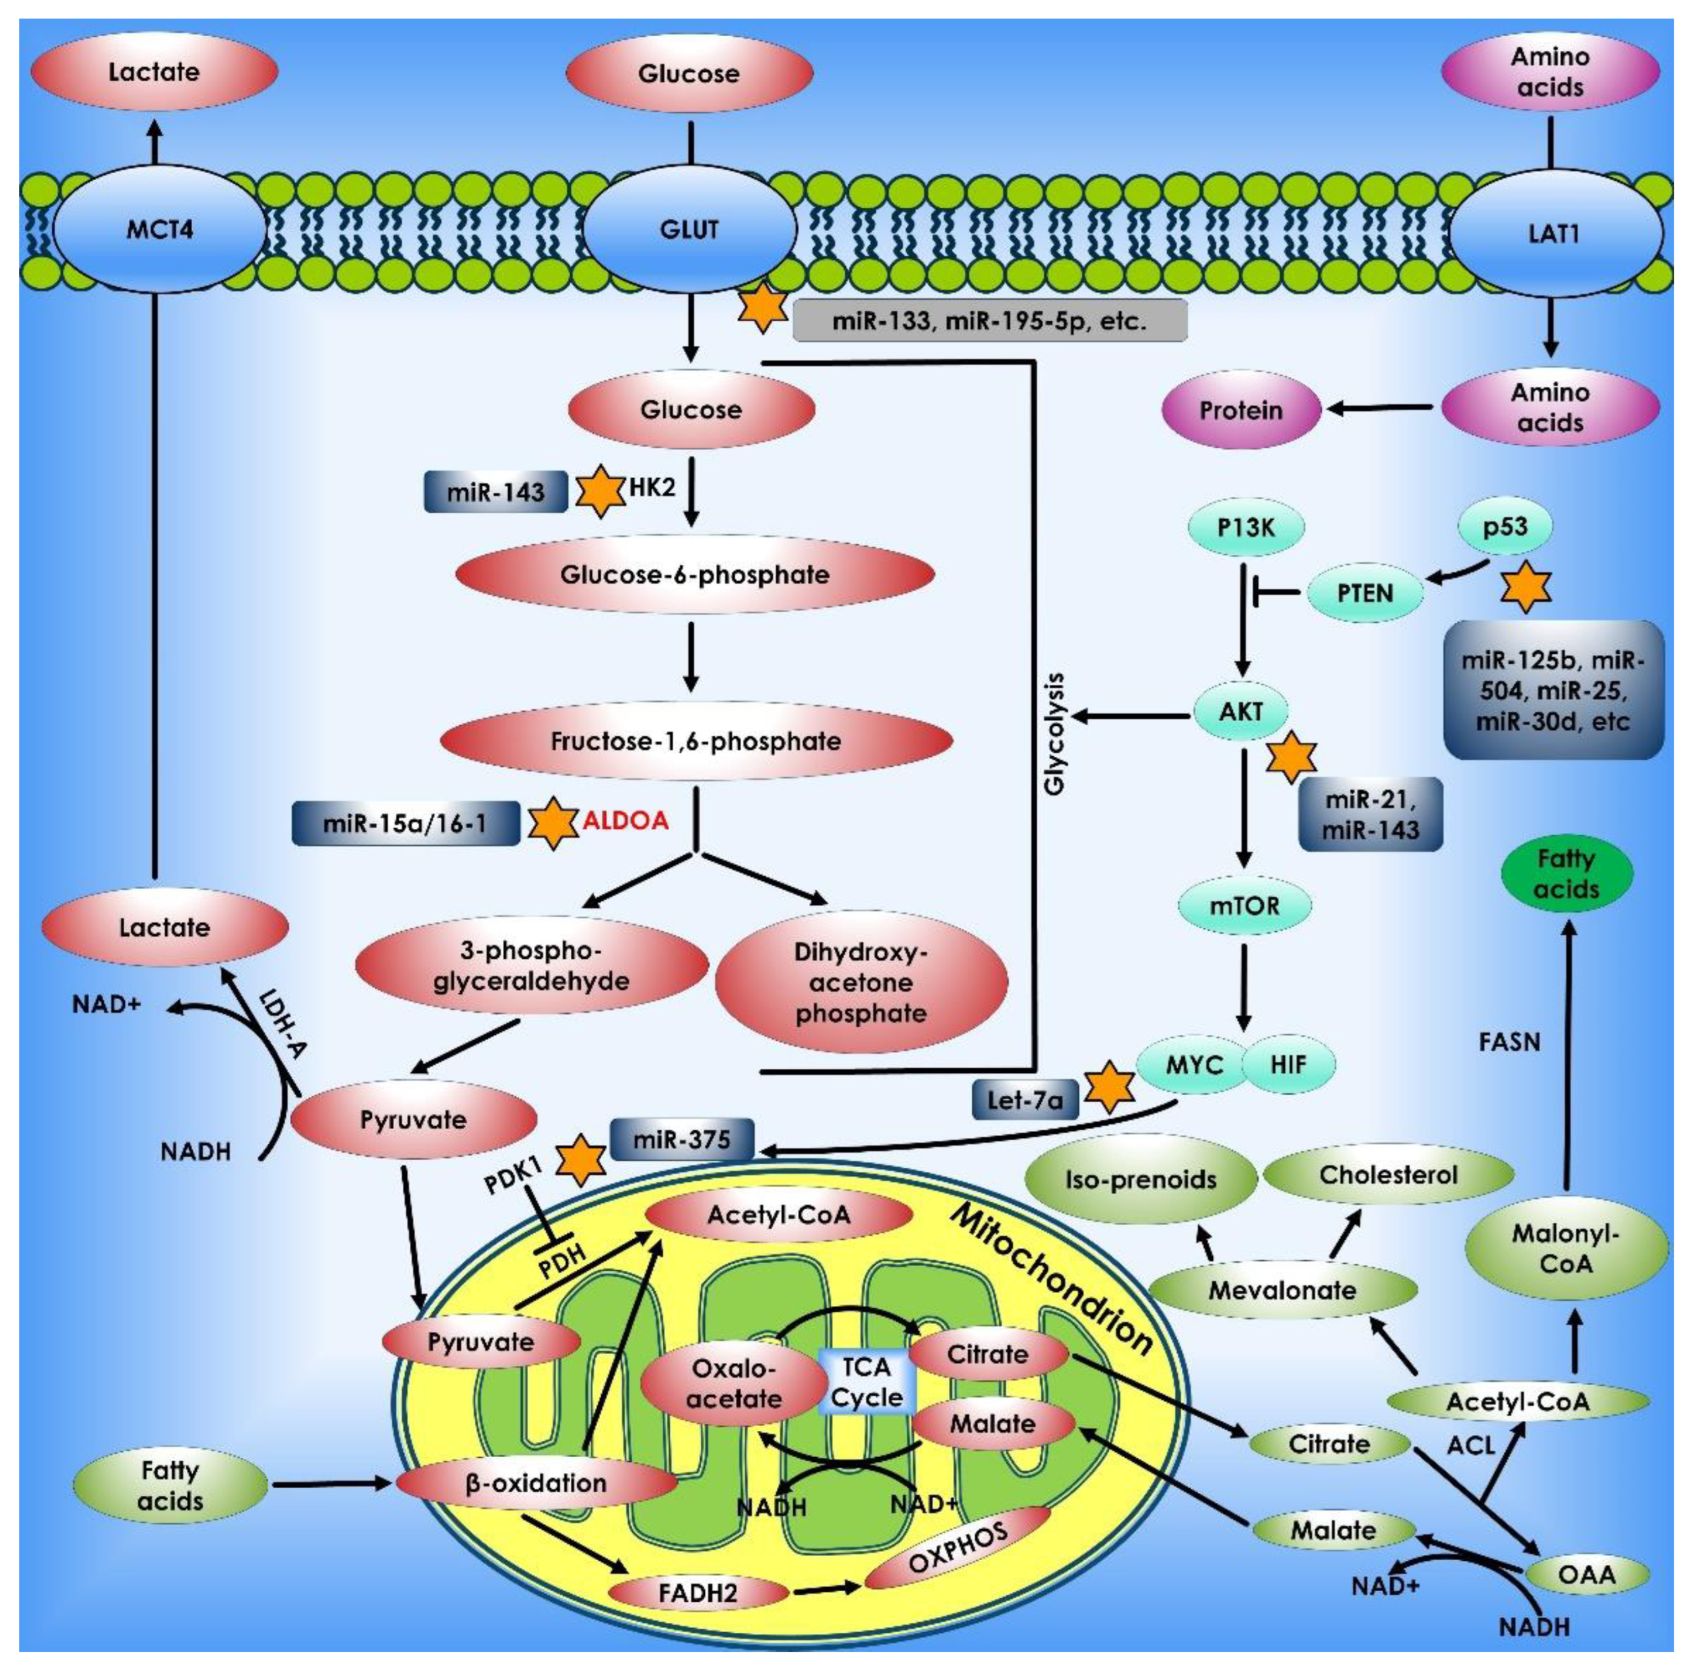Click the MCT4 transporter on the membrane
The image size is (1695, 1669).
tap(159, 230)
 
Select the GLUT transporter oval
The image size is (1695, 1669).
tap(690, 230)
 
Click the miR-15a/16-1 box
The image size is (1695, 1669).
tap(405, 823)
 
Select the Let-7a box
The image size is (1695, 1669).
tap(1025, 1099)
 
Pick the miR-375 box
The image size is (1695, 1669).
tap(682, 1140)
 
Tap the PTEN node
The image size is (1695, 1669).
tap(1365, 593)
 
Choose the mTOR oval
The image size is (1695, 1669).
tap(1244, 905)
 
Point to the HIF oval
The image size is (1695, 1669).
tap(1288, 1065)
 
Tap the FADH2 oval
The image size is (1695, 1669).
tap(698, 1592)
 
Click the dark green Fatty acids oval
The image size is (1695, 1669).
tap(1566, 874)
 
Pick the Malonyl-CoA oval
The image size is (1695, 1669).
tap(1566, 1248)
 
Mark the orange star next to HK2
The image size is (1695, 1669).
tap(600, 491)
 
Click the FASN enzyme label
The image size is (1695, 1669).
tap(1509, 1042)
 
